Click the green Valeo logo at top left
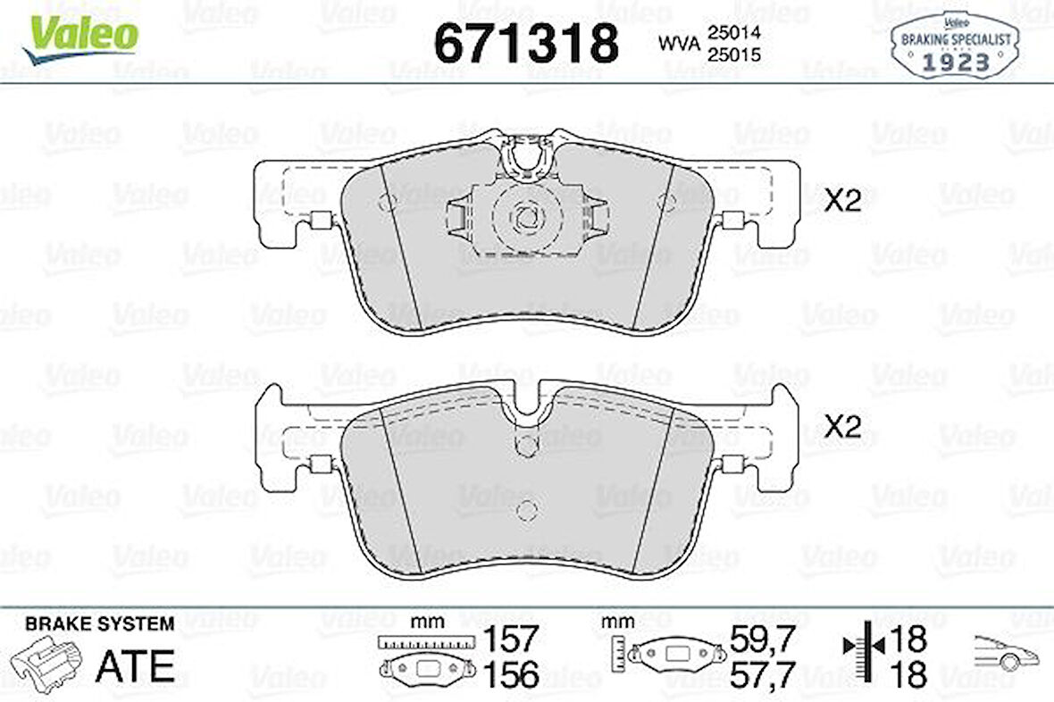pos(80,39)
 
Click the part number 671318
pos(526,43)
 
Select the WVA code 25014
pos(733,32)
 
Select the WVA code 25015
pos(733,54)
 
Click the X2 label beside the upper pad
pos(843,200)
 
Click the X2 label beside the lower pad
pos(843,427)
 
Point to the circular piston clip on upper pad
pos(527,216)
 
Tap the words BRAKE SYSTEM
pos(99,624)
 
